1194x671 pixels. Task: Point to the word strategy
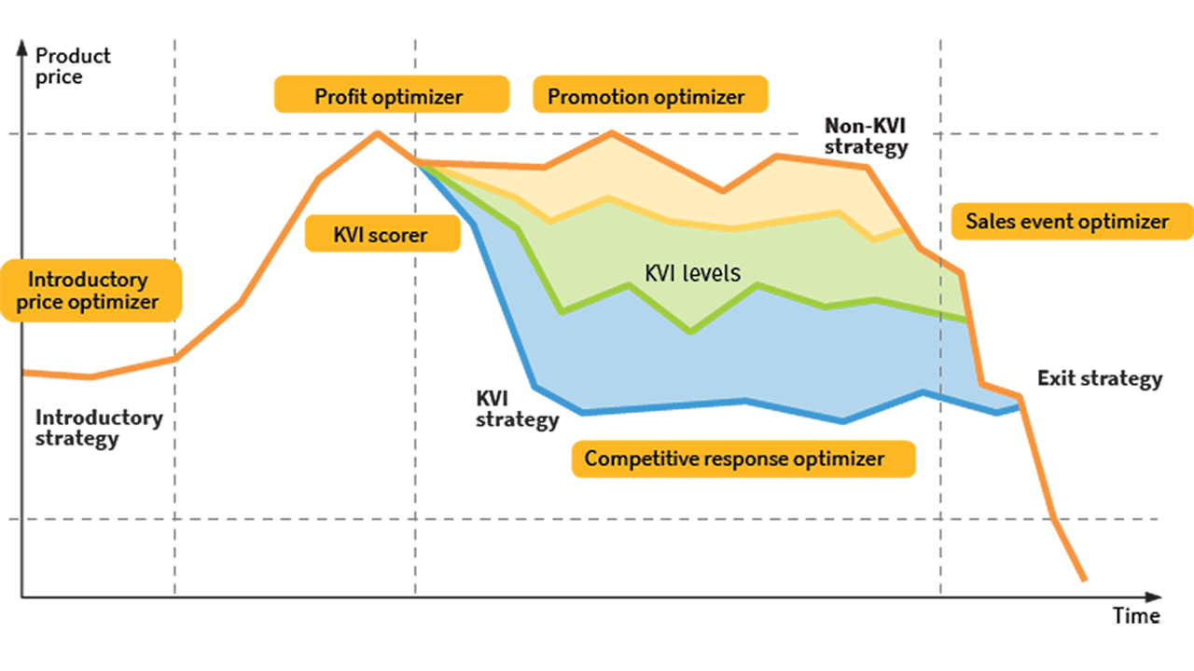point(866,147)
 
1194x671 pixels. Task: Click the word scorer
point(398,235)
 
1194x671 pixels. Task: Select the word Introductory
point(88,280)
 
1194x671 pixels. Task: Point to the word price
point(40,302)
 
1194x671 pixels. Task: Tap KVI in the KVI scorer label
point(349,235)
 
